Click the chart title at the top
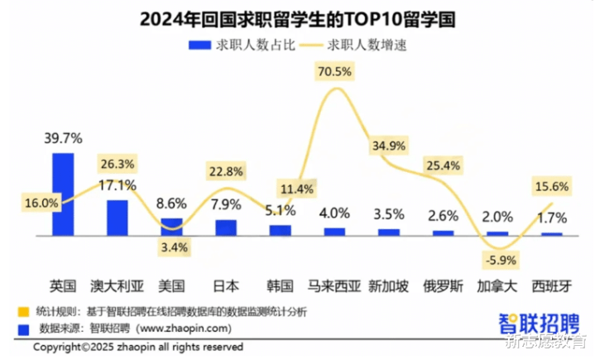tap(297, 18)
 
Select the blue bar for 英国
tap(63, 194)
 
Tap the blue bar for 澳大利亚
tap(117, 218)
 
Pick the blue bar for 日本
tap(226, 227)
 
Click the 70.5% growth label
tap(334, 72)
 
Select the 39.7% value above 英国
tap(63, 137)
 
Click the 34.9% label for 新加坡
tap(389, 146)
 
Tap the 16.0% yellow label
tap(41, 202)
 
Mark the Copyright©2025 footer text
tap(137, 347)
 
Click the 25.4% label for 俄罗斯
tap(444, 166)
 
